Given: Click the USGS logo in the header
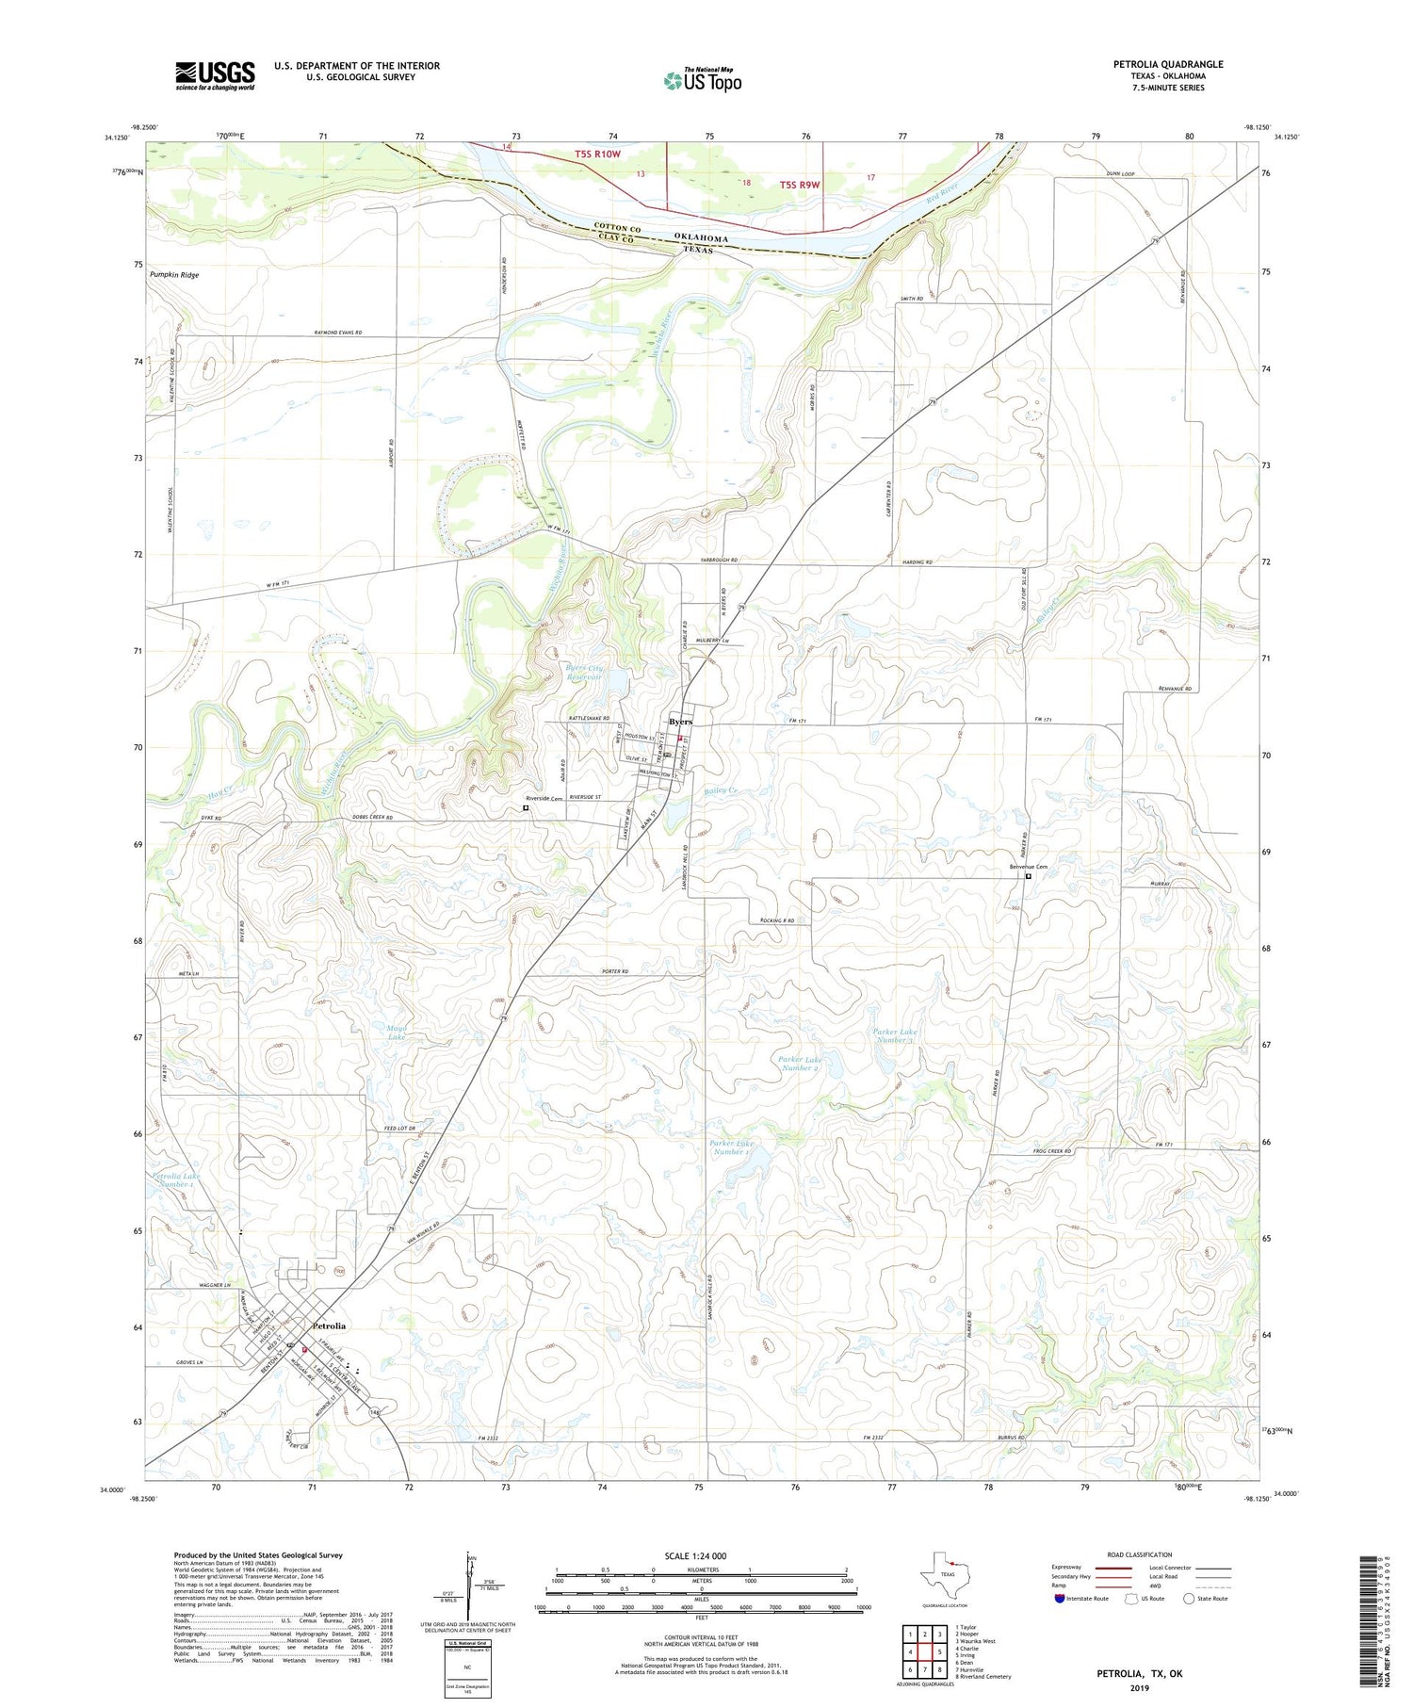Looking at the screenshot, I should click(x=215, y=75).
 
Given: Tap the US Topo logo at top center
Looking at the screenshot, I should click(x=702, y=80).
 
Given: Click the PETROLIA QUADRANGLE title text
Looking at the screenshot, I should click(x=1167, y=64).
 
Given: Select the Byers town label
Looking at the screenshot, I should click(x=679, y=722).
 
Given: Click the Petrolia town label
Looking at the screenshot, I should click(x=323, y=1326).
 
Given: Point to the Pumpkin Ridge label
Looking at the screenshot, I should click(x=173, y=275).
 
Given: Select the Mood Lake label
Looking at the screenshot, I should click(x=397, y=1032).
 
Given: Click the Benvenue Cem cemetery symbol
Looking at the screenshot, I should click(x=1029, y=876).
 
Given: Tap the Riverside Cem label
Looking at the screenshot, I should click(x=544, y=799).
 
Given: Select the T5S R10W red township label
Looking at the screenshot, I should click(x=597, y=154).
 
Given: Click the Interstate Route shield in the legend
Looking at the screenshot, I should click(x=1059, y=1599).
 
